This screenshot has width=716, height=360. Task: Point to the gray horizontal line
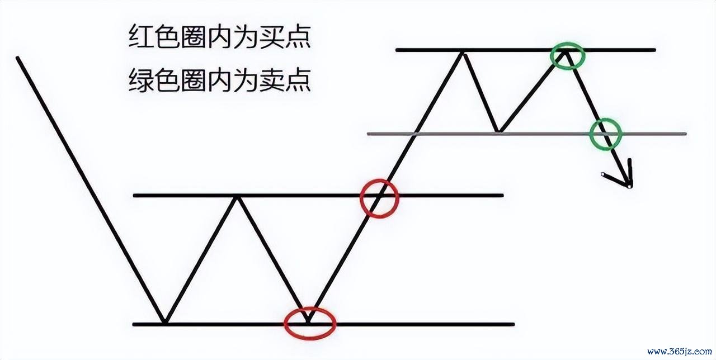(527, 134)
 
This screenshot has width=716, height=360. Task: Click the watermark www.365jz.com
(680, 352)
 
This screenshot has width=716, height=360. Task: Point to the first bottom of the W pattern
(164, 323)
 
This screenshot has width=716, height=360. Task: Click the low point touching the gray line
(498, 131)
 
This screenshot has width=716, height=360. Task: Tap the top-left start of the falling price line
(17, 58)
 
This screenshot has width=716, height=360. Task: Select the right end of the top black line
(654, 50)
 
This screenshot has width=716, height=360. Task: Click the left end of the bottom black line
(134, 325)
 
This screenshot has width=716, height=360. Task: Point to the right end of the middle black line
(502, 196)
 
